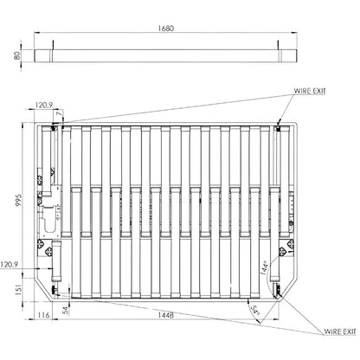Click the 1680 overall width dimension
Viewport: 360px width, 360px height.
(167, 29)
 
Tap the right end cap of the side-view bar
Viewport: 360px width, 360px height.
(290, 54)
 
